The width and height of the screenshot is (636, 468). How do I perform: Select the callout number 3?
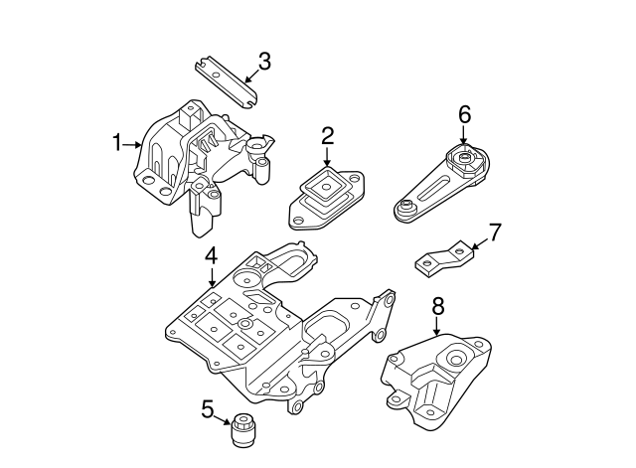pyautogui.click(x=263, y=62)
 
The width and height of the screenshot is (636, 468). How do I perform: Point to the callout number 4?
pyautogui.click(x=211, y=257)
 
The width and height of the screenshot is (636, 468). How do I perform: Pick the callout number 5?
pyautogui.click(x=207, y=408)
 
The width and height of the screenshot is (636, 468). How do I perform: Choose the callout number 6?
pyautogui.click(x=464, y=114)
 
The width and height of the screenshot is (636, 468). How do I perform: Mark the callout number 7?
pyautogui.click(x=495, y=233)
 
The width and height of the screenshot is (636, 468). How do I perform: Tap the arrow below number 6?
pyautogui.click(x=464, y=139)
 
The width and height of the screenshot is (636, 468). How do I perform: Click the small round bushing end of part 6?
pyautogui.click(x=405, y=209)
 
